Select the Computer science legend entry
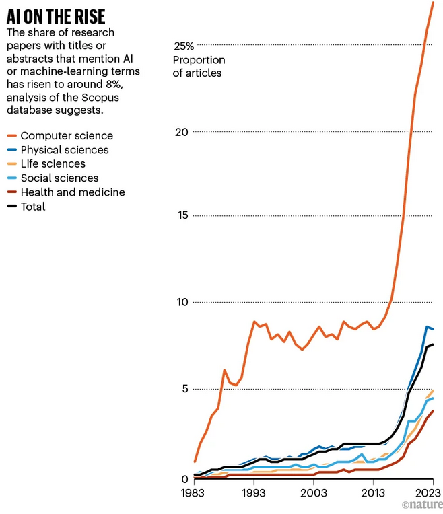pos(67,136)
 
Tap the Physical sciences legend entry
pos(64,150)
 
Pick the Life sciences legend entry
pos(53,164)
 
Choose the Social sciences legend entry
pos(59,178)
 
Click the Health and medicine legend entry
pos(73,192)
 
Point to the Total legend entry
pos(33,207)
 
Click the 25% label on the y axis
pos(184,46)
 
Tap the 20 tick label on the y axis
pos(181,131)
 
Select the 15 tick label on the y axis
pos(181,216)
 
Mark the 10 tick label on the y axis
pos(180,301)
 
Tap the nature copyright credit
pos(421,505)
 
